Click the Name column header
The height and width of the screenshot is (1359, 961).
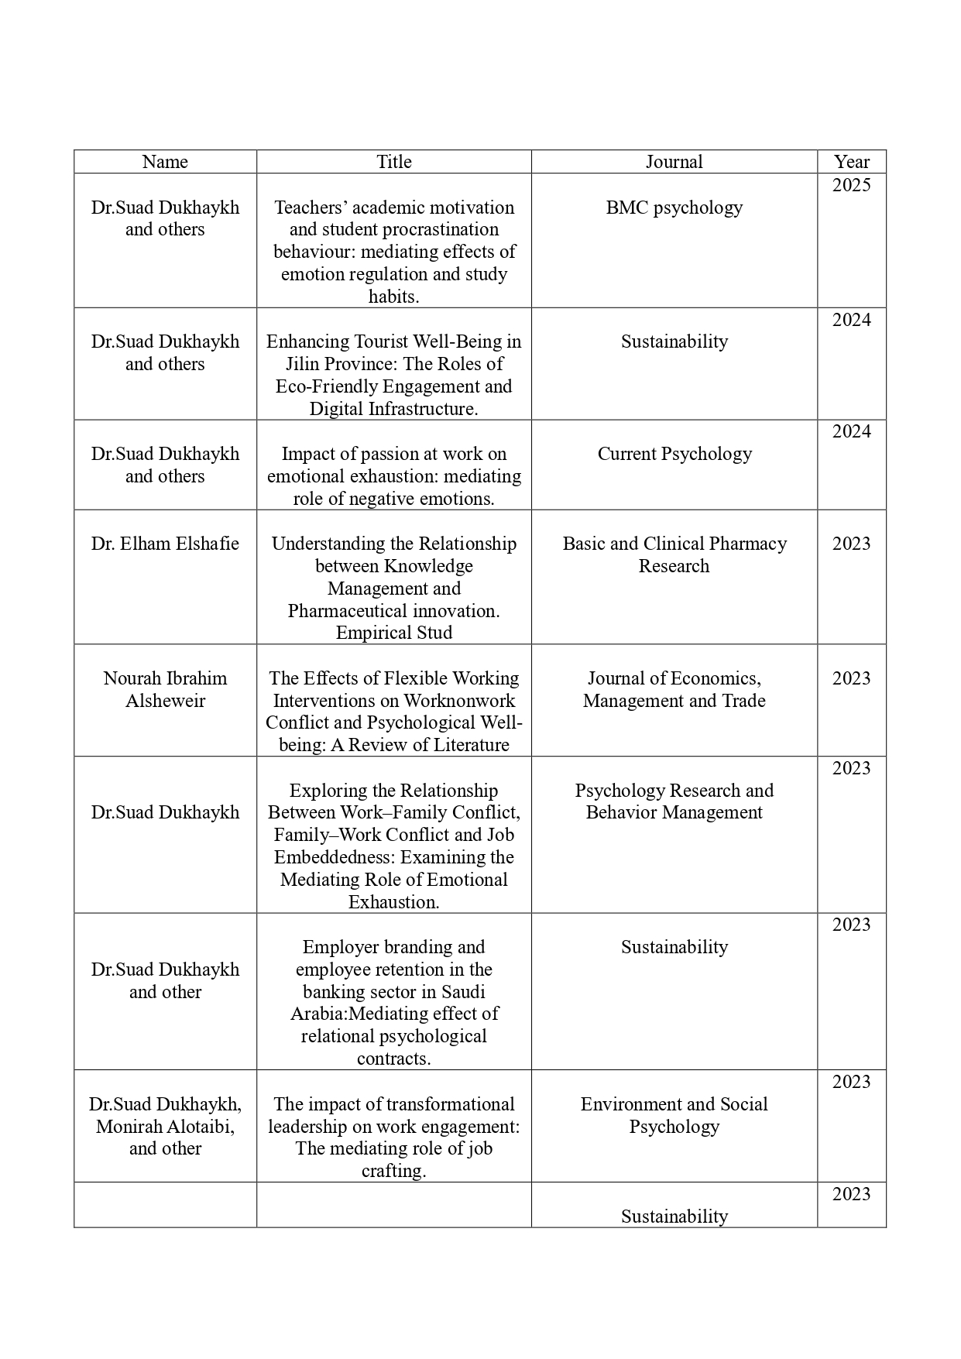coord(165,162)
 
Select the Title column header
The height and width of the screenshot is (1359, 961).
coord(393,162)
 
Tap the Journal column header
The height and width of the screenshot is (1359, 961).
coord(674,162)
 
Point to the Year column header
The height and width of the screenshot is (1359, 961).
coord(851,162)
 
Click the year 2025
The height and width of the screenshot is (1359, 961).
coord(851,185)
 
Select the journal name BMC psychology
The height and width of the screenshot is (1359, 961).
coord(674,208)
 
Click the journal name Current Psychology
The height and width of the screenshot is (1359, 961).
coord(674,454)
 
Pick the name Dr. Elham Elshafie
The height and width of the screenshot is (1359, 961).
coord(165,544)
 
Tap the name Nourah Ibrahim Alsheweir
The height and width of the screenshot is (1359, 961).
coord(165,689)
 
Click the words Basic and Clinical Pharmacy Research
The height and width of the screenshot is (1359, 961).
coord(674,554)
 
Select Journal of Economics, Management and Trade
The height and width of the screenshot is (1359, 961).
coord(674,689)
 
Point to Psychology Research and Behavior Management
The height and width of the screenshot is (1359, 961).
coord(674,801)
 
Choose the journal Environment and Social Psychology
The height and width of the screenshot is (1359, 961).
coord(674,1115)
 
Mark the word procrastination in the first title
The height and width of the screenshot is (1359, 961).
coord(440,230)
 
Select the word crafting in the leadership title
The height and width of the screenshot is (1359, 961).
coord(393,1171)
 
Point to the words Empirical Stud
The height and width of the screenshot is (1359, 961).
coord(393,633)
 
